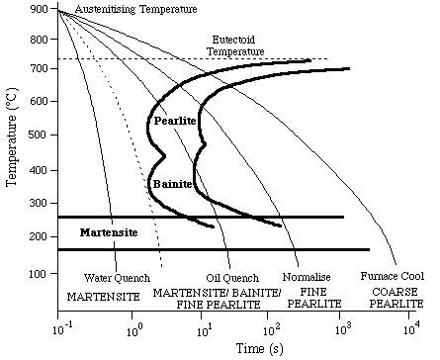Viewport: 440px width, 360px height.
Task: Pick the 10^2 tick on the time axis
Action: [x=272, y=314]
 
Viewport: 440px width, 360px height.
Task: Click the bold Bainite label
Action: [x=172, y=184]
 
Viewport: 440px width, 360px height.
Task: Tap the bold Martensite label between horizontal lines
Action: [x=107, y=232]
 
